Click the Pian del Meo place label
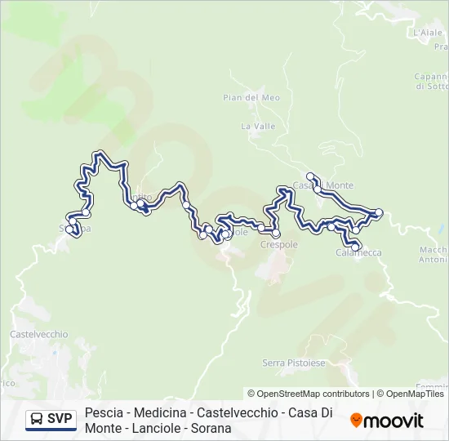(x=251, y=98)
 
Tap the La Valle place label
(x=257, y=127)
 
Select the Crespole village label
(x=278, y=244)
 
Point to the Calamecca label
(x=358, y=253)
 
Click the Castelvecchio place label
(x=38, y=335)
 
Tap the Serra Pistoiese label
(x=293, y=363)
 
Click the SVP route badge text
(x=60, y=419)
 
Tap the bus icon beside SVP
(x=38, y=419)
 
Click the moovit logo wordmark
(x=394, y=421)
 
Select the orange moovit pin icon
(x=356, y=421)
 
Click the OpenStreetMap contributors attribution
(x=309, y=394)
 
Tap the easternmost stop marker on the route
(x=379, y=212)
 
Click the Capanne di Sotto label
(x=431, y=81)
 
